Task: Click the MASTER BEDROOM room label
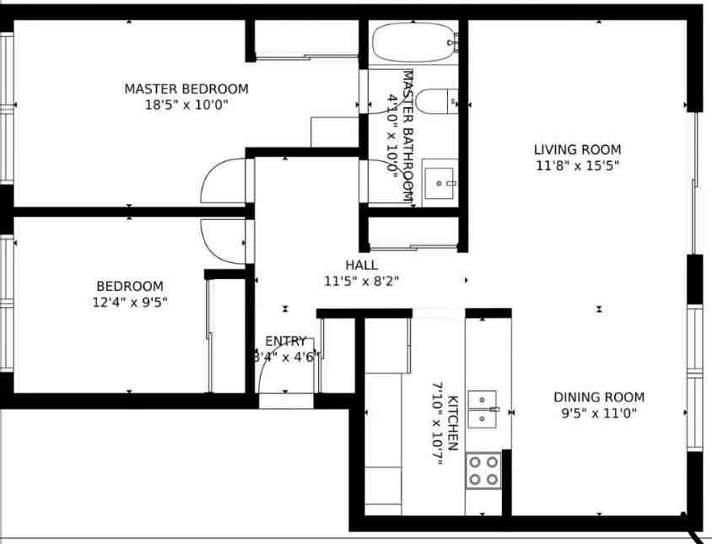coord(186,89)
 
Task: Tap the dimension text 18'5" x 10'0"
coord(186,105)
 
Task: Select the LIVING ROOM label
coord(577,150)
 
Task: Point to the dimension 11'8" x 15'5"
coord(577,166)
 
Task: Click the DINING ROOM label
coord(598,397)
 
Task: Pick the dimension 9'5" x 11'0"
coord(598,413)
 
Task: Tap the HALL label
coord(361,265)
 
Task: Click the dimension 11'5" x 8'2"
coord(361,281)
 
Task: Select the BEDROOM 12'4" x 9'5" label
coord(129,287)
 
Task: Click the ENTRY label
coord(285,342)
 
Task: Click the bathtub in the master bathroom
coord(414,42)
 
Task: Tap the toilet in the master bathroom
coord(437,102)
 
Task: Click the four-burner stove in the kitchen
coord(484,470)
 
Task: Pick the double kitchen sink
coord(483,407)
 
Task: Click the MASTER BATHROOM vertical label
coord(408,135)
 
